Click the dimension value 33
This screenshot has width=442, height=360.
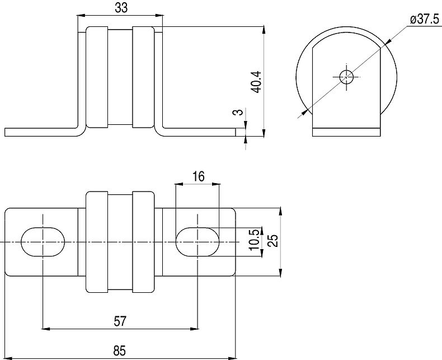[120, 8]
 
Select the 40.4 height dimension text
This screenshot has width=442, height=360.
[255, 82]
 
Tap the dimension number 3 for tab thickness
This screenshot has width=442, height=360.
[239, 113]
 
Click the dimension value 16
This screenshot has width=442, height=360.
[198, 177]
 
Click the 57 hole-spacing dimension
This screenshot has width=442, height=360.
[120, 321]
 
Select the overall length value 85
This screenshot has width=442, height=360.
[119, 351]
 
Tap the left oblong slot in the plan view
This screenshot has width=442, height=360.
[43, 242]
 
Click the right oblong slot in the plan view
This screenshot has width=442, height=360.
[198, 242]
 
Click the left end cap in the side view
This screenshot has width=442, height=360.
[96, 77]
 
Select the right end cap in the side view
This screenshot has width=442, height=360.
[143, 77]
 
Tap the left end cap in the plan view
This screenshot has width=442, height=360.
[96, 242]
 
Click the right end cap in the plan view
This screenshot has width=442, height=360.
[143, 242]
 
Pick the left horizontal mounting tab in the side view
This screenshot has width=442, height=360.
[39, 133]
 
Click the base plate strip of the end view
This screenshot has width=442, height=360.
[346, 133]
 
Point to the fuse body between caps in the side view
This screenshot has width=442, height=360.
[120, 77]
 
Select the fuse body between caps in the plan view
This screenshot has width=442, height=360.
[120, 242]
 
